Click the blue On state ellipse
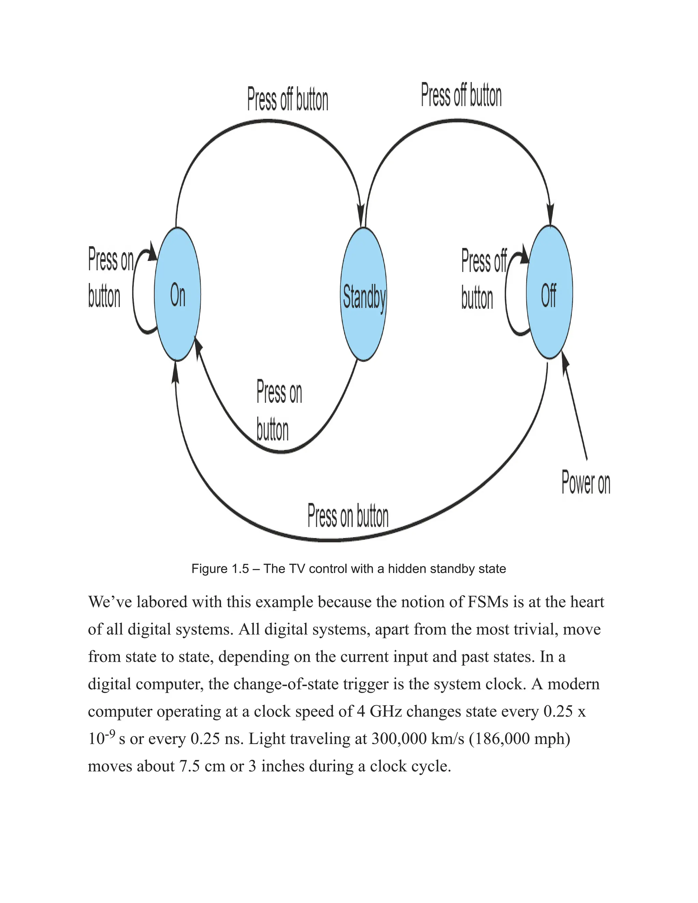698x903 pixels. (177, 294)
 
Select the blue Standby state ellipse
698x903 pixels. (363, 294)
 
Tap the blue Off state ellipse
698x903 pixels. (549, 292)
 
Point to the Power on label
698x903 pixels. (586, 483)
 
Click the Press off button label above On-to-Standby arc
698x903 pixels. (288, 100)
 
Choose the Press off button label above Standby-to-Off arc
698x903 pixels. (461, 95)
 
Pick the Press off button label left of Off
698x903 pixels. (483, 279)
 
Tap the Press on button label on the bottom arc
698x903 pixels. (348, 516)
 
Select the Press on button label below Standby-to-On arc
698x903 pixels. (279, 411)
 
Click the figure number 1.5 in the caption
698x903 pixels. (240, 569)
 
